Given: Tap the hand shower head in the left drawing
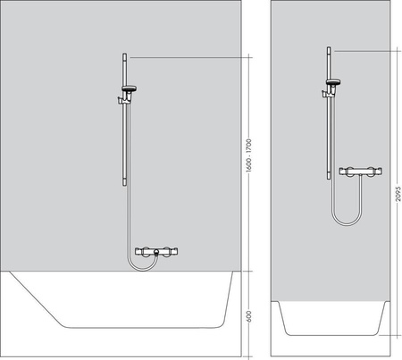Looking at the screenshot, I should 131,88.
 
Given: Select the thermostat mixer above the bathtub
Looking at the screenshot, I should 155,253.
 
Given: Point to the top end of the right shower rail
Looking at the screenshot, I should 329,48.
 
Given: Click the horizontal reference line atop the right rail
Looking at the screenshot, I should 362,50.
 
